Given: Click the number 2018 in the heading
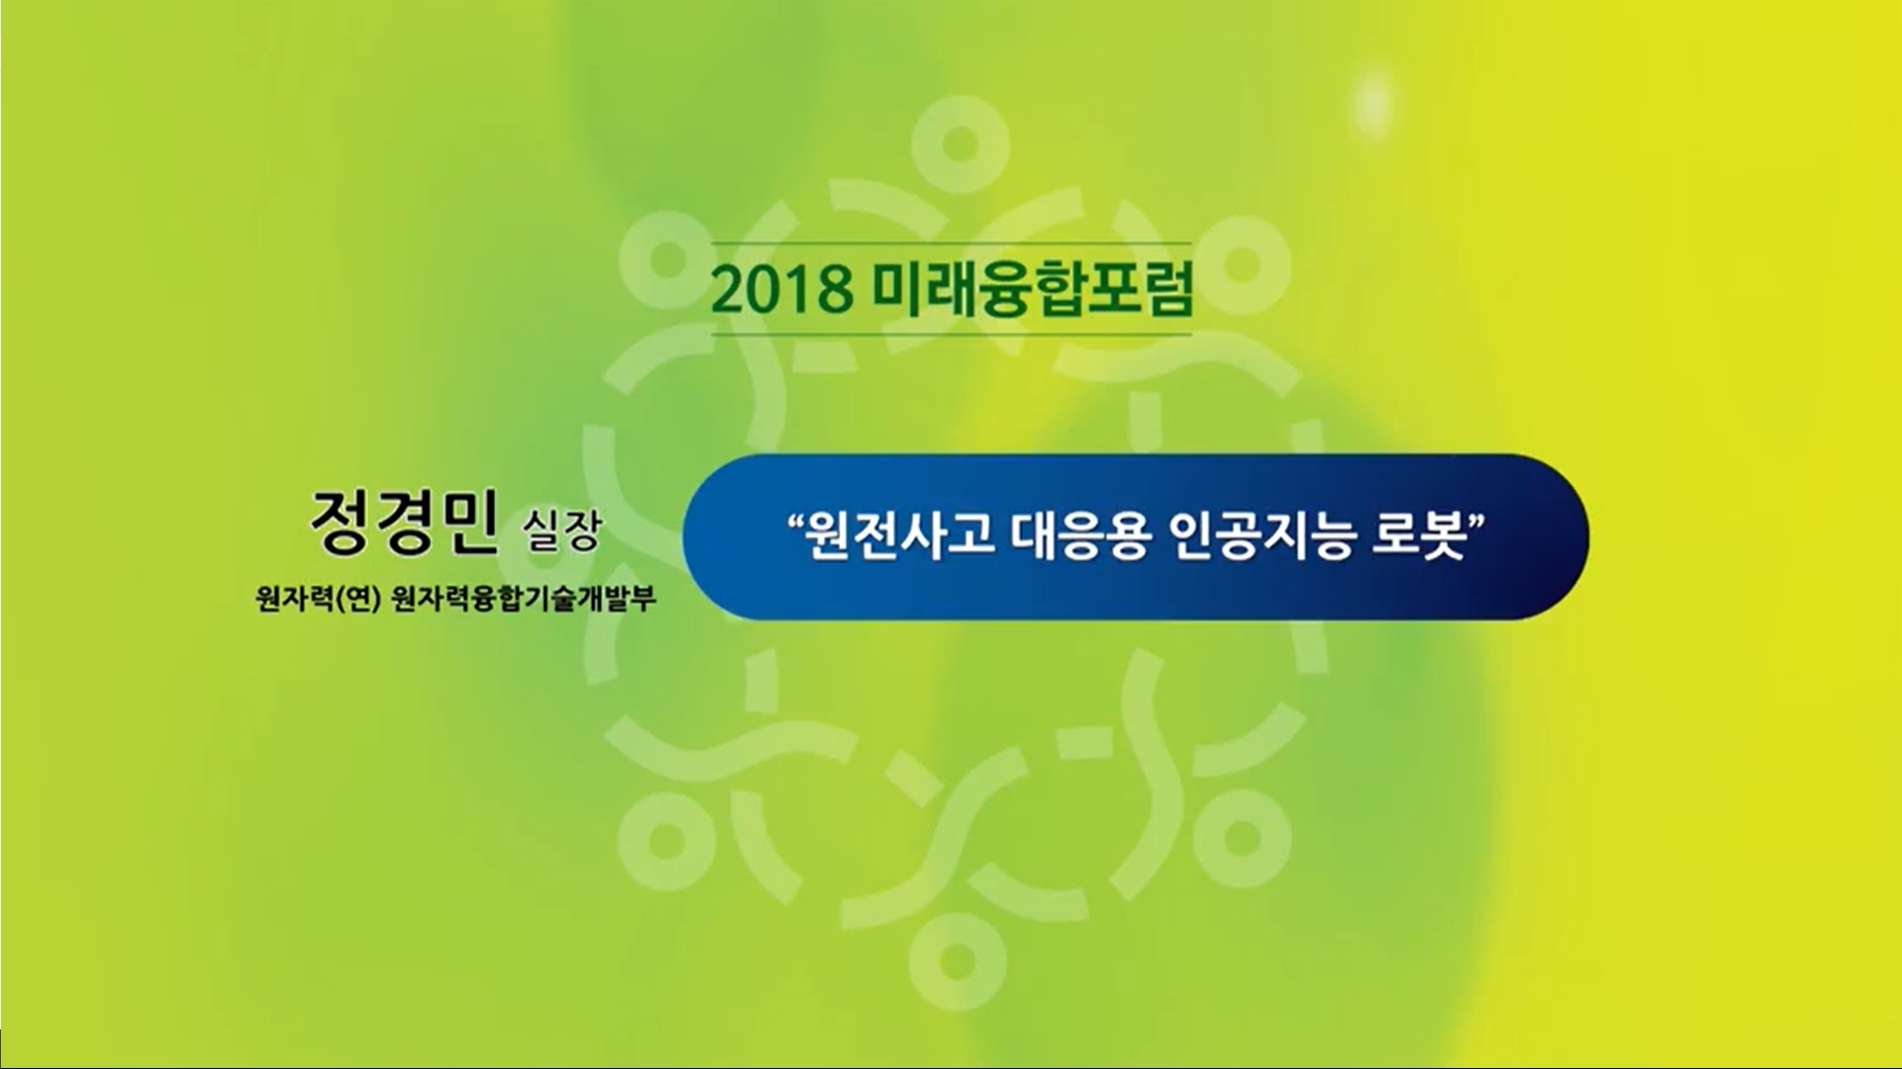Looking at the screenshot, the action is click(x=783, y=289).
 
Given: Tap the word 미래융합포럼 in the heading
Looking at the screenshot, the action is click(x=1034, y=289).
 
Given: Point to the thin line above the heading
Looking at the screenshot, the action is click(x=951, y=243).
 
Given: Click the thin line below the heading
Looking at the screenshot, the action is click(x=951, y=335).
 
